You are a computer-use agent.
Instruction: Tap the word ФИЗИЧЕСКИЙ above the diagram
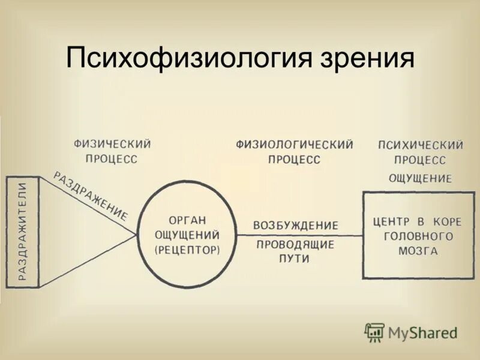[x=112, y=144]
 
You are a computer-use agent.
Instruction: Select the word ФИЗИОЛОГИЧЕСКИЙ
[x=294, y=145]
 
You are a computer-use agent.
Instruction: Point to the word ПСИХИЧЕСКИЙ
[x=420, y=145]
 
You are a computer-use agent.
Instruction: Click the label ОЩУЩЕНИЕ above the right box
[x=420, y=178]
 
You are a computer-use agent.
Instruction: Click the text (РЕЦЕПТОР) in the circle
[x=187, y=250]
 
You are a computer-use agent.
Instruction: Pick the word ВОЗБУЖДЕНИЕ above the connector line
[x=295, y=226]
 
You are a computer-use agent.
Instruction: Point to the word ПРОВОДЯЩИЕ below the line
[x=295, y=245]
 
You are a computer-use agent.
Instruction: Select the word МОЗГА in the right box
[x=418, y=251]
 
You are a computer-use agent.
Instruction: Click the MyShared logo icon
[x=374, y=332]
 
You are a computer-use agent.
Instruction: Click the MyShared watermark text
[x=422, y=332]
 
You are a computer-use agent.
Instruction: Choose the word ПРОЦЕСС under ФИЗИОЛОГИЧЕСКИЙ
[x=294, y=160]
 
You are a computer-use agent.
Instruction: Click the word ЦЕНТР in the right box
[x=391, y=221]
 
